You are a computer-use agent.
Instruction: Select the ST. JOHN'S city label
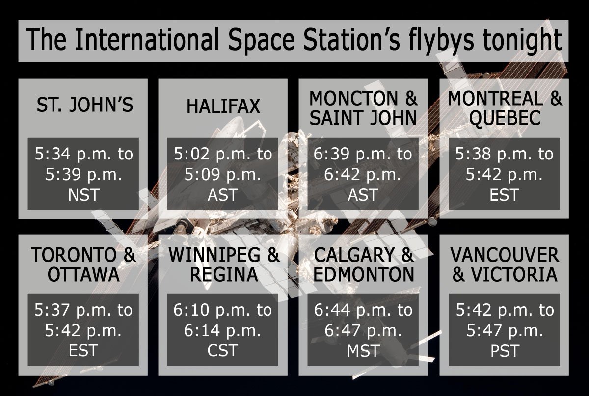84,105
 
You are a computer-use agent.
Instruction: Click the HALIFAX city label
223,106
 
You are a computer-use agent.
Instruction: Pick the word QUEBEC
504,118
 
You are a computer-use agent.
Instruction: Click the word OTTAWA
83,275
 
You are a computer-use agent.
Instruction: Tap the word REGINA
223,275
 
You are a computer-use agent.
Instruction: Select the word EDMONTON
364,275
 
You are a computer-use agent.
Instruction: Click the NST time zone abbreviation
84,195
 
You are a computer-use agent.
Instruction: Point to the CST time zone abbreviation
223,351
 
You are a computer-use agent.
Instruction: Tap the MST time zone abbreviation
364,351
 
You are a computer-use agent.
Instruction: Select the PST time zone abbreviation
504,351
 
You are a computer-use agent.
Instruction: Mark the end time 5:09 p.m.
223,175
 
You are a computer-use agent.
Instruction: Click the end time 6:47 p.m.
364,331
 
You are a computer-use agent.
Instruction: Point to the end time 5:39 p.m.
84,175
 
